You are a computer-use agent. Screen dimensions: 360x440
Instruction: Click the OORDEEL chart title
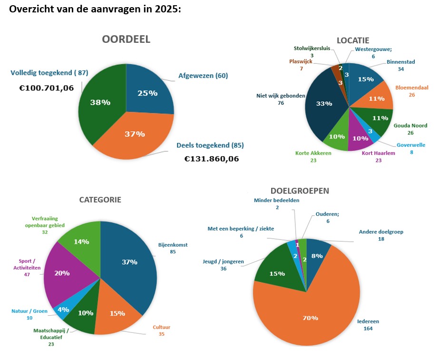click(x=126, y=40)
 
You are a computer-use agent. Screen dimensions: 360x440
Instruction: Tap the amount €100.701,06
click(x=47, y=88)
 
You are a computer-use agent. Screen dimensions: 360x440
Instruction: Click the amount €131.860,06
click(x=212, y=159)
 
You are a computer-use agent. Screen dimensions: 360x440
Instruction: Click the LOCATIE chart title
click(x=352, y=40)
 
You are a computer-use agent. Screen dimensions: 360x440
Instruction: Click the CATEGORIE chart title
click(x=100, y=200)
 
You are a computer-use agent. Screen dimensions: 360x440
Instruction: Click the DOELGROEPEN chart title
click(x=300, y=190)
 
